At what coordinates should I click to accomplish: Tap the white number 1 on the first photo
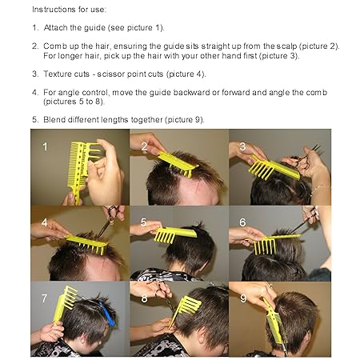45,146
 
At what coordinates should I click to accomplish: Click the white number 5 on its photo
144,222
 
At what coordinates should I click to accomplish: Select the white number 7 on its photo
45,298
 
